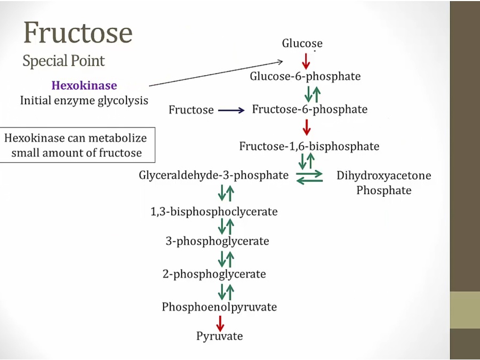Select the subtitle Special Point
tap(63, 61)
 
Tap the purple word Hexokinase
tap(84, 85)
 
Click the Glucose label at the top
tap(302, 44)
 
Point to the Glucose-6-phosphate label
tap(306, 76)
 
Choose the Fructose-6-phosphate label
tap(309, 109)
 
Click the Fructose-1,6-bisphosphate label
tap(309, 146)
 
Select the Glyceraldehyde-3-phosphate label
tap(214, 175)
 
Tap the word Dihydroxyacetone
tap(384, 175)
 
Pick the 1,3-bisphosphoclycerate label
tap(214, 212)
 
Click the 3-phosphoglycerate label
tap(217, 242)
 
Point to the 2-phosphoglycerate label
tap(214, 275)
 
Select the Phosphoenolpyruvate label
tap(220, 307)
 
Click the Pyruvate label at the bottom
tap(220, 337)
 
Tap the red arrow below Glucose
tap(306, 60)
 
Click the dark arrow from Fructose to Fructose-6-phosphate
tap(231, 110)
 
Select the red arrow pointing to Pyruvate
tap(220, 322)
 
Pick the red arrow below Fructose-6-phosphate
tap(306, 127)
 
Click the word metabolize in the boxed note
tap(119, 138)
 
